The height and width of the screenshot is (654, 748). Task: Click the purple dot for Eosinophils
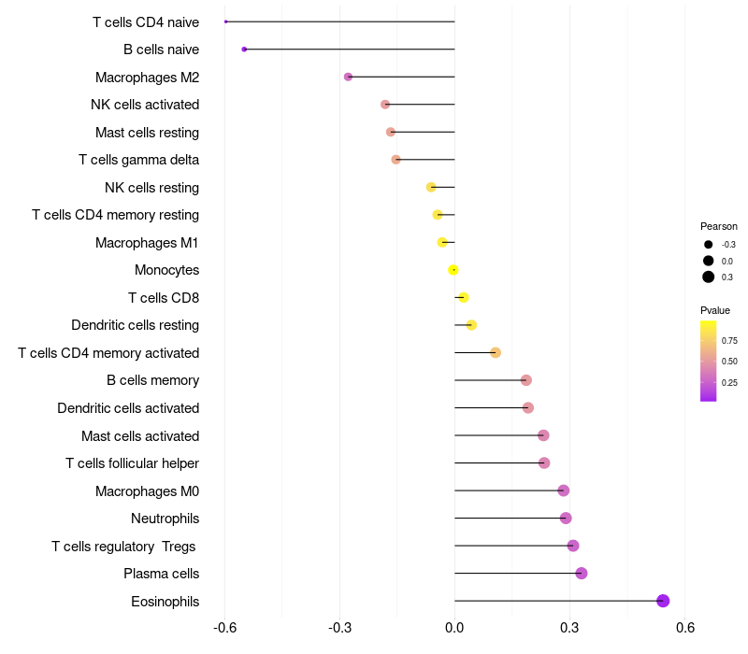663,601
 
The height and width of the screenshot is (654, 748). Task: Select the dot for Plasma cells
582,574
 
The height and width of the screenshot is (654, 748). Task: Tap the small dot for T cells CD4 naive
226,21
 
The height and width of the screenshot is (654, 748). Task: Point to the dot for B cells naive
244,49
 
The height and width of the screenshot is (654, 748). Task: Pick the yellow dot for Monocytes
453,270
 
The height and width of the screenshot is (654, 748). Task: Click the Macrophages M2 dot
349,77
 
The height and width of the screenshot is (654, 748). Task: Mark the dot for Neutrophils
566,519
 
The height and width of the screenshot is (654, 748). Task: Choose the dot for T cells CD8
463,298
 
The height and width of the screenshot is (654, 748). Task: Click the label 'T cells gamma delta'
138,160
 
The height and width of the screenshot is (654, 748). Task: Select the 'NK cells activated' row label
145,105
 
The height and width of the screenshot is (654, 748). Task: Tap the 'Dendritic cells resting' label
135,325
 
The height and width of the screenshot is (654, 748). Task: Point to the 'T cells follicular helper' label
132,463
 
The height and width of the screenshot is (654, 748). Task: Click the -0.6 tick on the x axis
224,628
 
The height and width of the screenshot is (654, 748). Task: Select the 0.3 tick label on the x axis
569,628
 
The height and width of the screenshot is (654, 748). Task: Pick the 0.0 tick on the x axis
454,628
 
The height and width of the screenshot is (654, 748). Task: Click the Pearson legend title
719,226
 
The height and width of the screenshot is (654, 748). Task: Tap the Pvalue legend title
715,310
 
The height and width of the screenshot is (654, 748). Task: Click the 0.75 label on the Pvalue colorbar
729,341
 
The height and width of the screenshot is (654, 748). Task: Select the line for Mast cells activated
496,435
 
